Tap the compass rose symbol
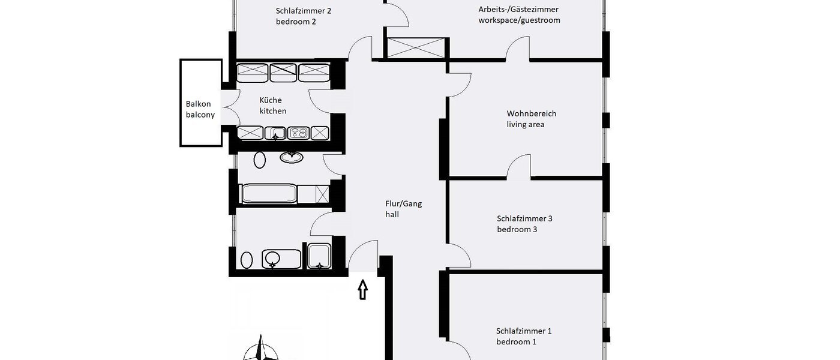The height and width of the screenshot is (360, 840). [261, 350]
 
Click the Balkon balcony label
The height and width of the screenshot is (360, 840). [200, 109]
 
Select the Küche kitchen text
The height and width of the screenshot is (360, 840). [272, 106]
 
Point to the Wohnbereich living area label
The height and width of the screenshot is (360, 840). [531, 119]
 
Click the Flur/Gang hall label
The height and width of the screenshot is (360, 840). [403, 209]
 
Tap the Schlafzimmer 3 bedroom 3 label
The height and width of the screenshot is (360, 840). [524, 224]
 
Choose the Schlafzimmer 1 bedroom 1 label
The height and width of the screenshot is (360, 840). [523, 336]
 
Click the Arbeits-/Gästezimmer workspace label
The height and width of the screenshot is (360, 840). [518, 14]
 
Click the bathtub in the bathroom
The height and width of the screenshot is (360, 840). [268, 194]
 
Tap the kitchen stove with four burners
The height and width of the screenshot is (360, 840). [298, 133]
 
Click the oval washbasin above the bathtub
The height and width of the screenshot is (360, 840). [292, 157]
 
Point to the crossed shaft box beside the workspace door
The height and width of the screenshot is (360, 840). [416, 48]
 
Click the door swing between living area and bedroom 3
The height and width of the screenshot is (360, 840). [519, 167]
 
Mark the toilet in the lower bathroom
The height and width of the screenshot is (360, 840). [247, 260]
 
